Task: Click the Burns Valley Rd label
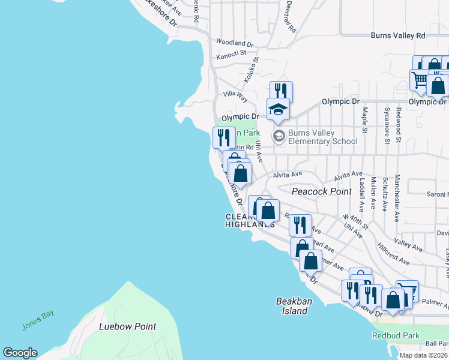pyautogui.click(x=397, y=36)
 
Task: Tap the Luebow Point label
pyautogui.click(x=127, y=327)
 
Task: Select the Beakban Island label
pyautogui.click(x=292, y=306)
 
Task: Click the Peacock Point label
pyautogui.click(x=321, y=191)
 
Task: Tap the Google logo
pyautogui.click(x=20, y=353)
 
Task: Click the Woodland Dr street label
pyautogui.click(x=235, y=43)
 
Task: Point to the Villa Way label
pyautogui.click(x=235, y=95)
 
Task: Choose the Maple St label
pyautogui.click(x=364, y=121)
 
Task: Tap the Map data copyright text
pyautogui.click(x=423, y=355)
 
